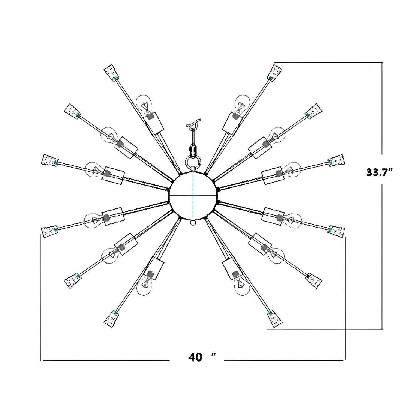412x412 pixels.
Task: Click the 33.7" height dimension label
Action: click(381, 173)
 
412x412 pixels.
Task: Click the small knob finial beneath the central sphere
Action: click(193, 222)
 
